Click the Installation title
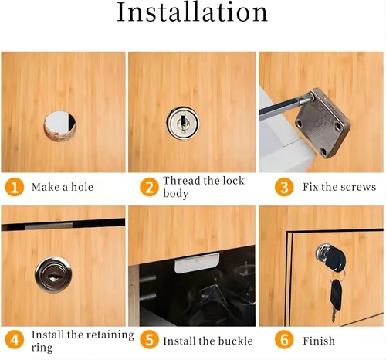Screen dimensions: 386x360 click(x=192, y=12)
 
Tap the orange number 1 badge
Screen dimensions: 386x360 click(x=15, y=187)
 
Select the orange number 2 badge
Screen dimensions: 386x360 click(x=149, y=187)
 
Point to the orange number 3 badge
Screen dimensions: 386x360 click(x=284, y=187)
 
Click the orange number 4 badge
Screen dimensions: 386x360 click(x=15, y=340)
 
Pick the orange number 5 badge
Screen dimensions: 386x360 click(x=149, y=340)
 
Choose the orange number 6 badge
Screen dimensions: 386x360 click(x=284, y=340)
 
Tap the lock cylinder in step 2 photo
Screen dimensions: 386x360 click(x=183, y=123)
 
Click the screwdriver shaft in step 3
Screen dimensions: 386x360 click(x=284, y=106)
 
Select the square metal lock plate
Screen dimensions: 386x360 click(x=323, y=123)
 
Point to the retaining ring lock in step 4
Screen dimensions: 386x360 click(x=53, y=275)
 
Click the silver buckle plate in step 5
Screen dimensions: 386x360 click(x=197, y=262)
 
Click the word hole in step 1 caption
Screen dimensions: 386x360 click(x=82, y=187)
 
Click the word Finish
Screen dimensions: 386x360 click(x=319, y=341)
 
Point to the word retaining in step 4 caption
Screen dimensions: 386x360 click(x=110, y=335)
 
